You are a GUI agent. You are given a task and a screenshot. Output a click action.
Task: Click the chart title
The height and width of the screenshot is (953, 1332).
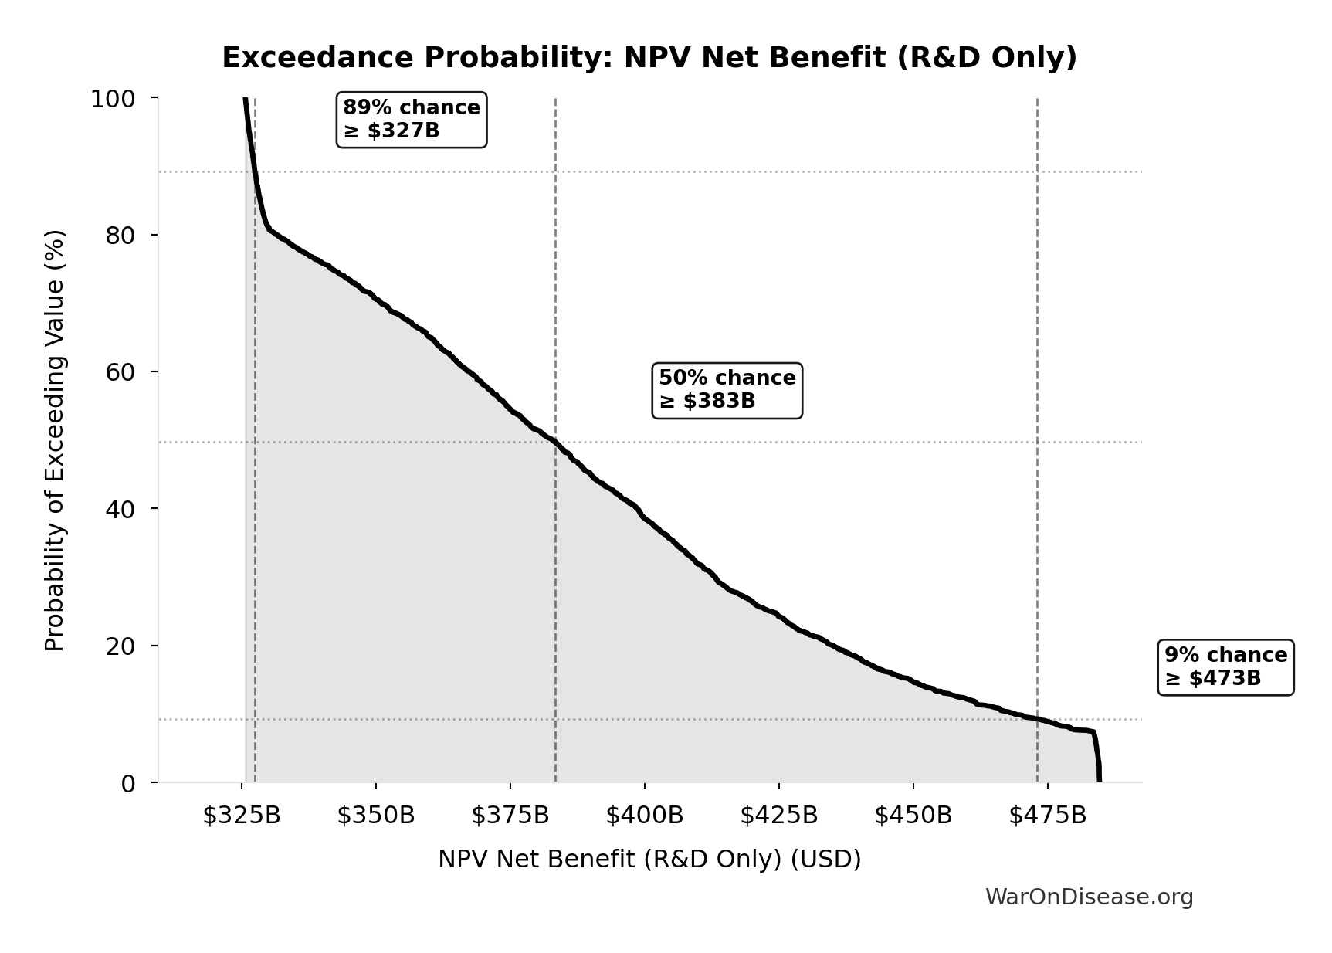pyautogui.click(x=649, y=58)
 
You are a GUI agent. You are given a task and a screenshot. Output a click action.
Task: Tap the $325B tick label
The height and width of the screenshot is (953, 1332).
pyautogui.click(x=242, y=816)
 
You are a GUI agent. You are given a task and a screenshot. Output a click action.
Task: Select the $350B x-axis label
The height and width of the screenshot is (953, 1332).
pyautogui.click(x=376, y=816)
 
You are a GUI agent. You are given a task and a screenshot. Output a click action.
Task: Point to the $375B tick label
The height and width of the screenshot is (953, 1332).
pyautogui.click(x=510, y=816)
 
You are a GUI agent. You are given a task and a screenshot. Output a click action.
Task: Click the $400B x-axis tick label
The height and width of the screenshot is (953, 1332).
pyautogui.click(x=645, y=816)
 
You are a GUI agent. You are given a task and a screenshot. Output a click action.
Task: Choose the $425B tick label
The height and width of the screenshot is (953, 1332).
pyautogui.click(x=779, y=816)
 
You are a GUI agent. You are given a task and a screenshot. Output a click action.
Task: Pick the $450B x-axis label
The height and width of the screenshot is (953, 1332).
pyautogui.click(x=913, y=816)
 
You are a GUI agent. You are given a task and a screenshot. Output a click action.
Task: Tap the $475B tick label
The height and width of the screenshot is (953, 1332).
pyautogui.click(x=1048, y=816)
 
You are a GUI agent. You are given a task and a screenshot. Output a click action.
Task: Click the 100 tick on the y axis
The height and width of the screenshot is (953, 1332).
pyautogui.click(x=113, y=99)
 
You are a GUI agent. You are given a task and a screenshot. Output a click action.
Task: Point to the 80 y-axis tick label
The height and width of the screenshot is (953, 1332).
pyautogui.click(x=120, y=235)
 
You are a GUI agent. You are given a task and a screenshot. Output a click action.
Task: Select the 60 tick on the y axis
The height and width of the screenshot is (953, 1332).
pyautogui.click(x=120, y=372)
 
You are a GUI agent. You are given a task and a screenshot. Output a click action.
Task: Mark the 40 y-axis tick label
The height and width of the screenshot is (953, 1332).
pyautogui.click(x=120, y=509)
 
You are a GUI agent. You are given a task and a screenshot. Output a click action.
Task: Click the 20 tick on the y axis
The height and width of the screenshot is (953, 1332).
pyautogui.click(x=120, y=646)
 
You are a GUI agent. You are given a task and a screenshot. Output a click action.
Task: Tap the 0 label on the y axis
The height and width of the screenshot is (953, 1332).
pyautogui.click(x=128, y=783)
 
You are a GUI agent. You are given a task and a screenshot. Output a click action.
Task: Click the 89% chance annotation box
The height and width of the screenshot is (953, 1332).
pyautogui.click(x=412, y=119)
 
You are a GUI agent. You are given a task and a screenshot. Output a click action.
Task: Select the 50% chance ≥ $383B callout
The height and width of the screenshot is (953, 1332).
pyautogui.click(x=727, y=390)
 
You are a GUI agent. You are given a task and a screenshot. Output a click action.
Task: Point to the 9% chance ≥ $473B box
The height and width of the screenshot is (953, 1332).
pyautogui.click(x=1225, y=666)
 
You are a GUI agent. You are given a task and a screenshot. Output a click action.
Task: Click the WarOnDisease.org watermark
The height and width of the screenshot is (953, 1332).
pyautogui.click(x=1089, y=897)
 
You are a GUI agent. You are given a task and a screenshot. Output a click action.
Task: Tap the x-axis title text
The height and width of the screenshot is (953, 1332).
pyautogui.click(x=649, y=860)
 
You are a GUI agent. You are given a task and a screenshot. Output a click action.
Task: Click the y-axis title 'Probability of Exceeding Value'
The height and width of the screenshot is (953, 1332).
pyautogui.click(x=55, y=440)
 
